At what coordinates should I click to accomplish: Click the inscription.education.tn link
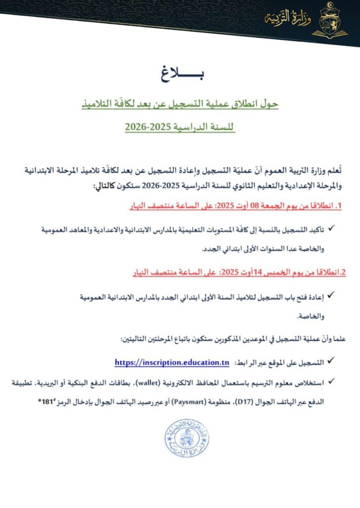pyautogui.click(x=171, y=363)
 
